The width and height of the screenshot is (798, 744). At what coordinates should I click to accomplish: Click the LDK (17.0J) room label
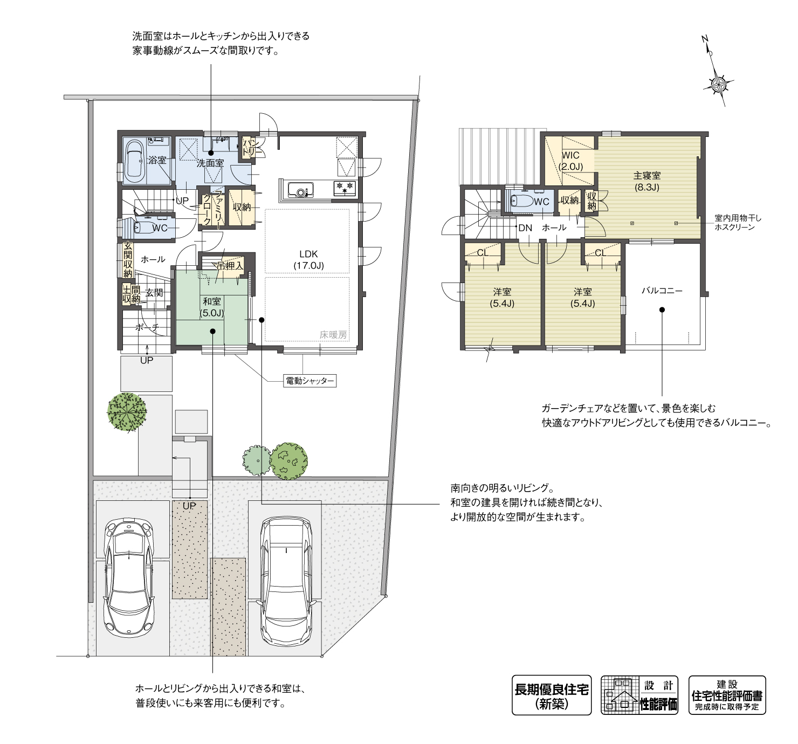coord(308,259)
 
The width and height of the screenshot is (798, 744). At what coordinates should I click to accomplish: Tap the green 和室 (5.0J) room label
coord(211,307)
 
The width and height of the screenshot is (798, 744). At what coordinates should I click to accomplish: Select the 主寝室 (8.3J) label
coord(646,181)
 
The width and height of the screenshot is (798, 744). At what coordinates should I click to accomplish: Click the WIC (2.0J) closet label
coord(570,161)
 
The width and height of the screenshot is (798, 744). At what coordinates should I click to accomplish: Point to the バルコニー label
coord(662,291)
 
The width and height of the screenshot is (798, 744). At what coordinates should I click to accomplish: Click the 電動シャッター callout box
coord(309,381)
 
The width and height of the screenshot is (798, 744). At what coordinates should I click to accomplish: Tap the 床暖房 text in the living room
coord(334,334)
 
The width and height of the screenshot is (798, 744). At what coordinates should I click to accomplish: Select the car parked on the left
coord(129,577)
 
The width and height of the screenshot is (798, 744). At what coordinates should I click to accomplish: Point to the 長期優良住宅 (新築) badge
coord(551,695)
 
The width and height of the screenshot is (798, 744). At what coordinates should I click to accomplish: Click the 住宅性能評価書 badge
coord(727,695)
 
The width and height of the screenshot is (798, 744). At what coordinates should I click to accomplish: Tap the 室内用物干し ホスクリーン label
coord(737,223)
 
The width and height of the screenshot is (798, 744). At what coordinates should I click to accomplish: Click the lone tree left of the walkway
coord(127,412)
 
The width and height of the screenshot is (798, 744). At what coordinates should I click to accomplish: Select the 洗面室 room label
coord(209,162)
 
